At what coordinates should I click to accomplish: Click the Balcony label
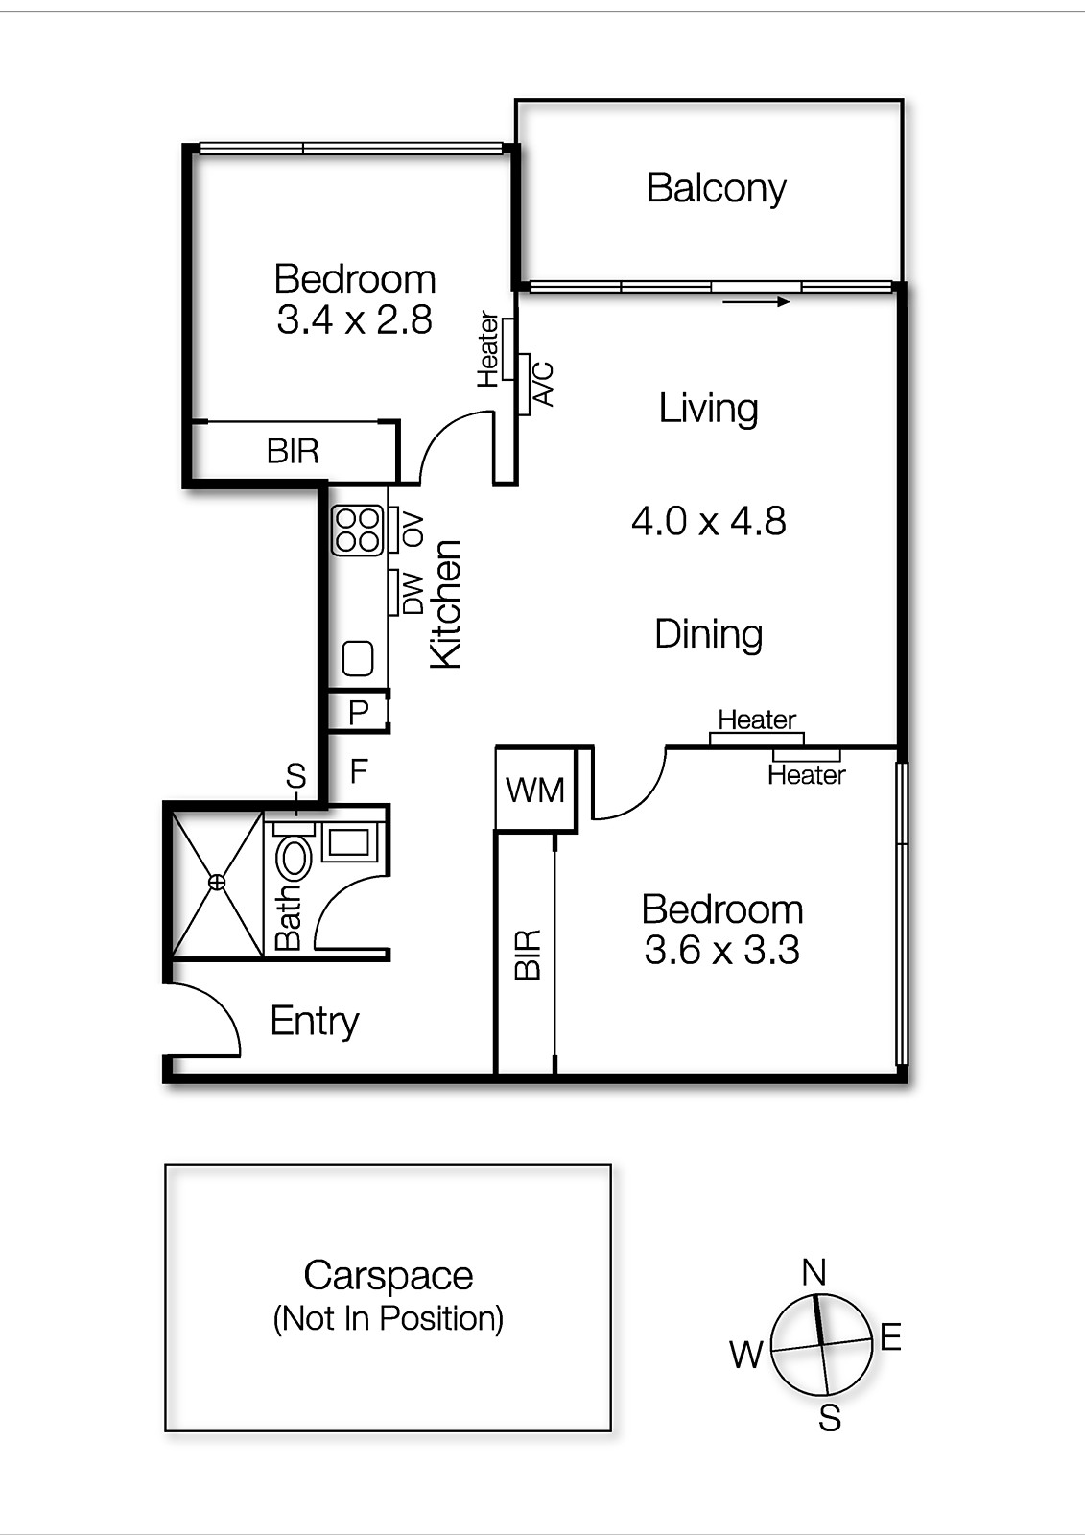click(716, 188)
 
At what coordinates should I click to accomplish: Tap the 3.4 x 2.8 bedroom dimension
click(354, 319)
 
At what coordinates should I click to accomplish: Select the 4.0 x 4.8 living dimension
click(708, 521)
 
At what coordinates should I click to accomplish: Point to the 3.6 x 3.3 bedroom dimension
click(721, 951)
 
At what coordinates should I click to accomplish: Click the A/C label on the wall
click(543, 384)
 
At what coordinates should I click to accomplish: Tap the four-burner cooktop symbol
click(357, 531)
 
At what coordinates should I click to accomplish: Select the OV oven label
click(413, 530)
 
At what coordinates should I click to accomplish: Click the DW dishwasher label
click(413, 593)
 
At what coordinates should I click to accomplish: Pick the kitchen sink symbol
click(358, 659)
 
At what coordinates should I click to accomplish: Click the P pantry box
click(359, 712)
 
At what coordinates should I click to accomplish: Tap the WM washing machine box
click(535, 790)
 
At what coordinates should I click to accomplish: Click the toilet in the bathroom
click(294, 856)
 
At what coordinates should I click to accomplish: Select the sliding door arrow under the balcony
click(756, 302)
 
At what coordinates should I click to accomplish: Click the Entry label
click(315, 1021)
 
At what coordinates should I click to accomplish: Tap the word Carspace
click(388, 1276)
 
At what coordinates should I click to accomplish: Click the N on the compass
click(814, 1272)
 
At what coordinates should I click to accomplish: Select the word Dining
click(708, 634)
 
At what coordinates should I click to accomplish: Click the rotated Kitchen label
click(446, 603)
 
